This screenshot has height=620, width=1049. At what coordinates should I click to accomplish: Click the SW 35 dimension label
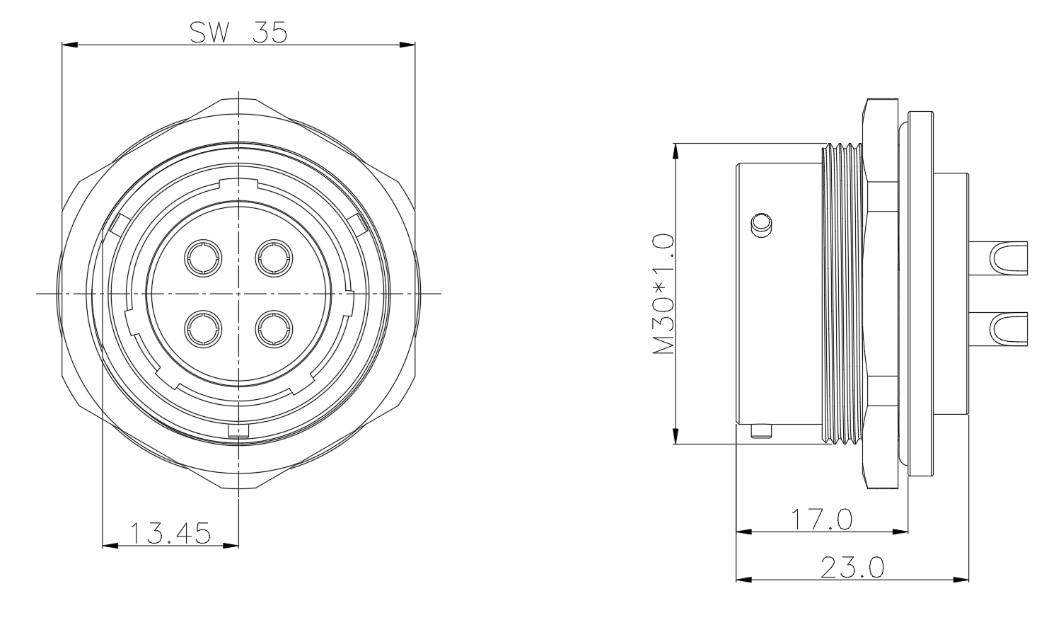[x=238, y=33]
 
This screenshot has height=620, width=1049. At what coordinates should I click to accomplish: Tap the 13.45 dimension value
[x=170, y=534]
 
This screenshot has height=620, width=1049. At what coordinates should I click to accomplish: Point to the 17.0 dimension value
[x=821, y=519]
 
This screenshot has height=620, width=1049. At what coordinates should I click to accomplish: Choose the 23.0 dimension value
[x=852, y=568]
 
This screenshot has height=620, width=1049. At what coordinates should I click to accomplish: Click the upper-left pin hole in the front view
[x=203, y=258]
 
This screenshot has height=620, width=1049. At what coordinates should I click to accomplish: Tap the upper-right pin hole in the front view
[x=274, y=258]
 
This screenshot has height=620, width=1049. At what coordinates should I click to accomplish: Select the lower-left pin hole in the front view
[x=203, y=329]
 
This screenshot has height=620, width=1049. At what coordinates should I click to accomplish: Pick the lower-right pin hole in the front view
[x=274, y=329]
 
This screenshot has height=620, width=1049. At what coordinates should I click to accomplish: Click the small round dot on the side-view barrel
[x=761, y=225]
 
